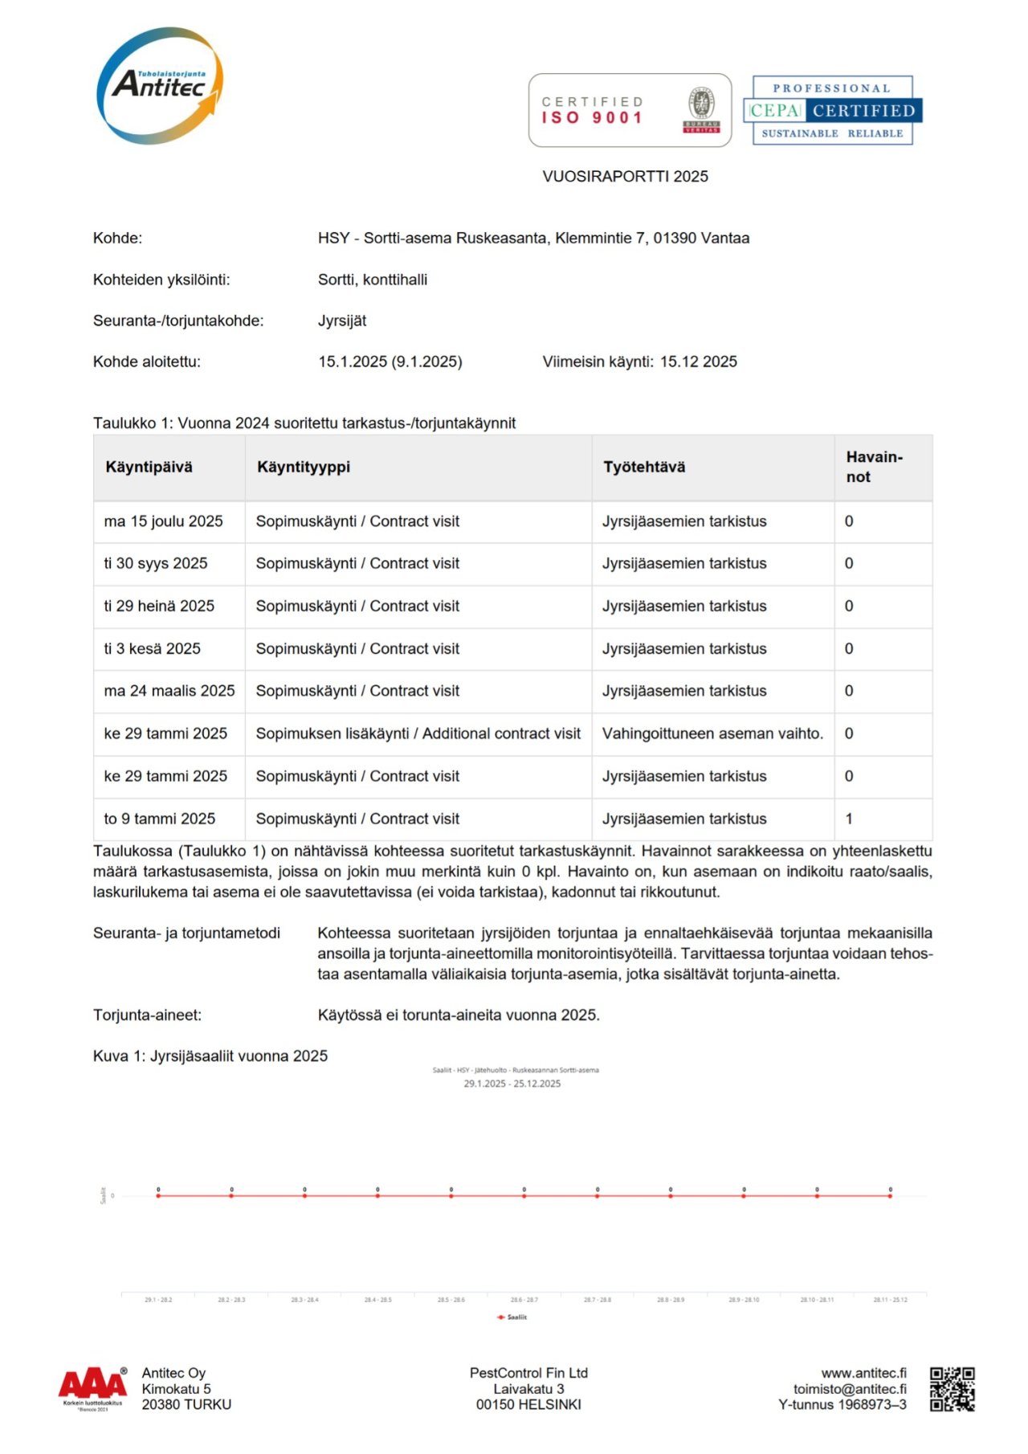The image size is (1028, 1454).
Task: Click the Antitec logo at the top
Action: [x=159, y=85]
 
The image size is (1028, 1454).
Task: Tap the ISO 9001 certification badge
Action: [x=630, y=110]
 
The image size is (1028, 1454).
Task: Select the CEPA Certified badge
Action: [x=832, y=110]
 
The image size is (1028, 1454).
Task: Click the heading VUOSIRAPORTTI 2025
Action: [x=625, y=177]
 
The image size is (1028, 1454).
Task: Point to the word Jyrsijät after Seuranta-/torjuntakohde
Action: [x=342, y=321]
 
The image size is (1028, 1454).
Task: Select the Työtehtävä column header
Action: [x=644, y=468]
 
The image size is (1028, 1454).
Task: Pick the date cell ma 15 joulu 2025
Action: [x=163, y=521]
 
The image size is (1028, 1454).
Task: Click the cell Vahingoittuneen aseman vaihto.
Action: [x=712, y=733]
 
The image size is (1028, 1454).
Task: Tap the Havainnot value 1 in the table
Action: [x=849, y=819]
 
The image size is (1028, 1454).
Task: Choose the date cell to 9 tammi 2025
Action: [x=159, y=819]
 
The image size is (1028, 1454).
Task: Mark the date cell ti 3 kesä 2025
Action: [x=152, y=648]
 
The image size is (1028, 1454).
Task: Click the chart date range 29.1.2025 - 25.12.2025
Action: [x=512, y=1084]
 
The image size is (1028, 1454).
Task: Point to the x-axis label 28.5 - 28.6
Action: [x=451, y=1300]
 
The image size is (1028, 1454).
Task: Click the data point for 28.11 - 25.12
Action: [x=890, y=1195]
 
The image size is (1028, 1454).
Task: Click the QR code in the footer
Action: [x=953, y=1389]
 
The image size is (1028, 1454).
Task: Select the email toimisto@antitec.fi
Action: [x=850, y=1389]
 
